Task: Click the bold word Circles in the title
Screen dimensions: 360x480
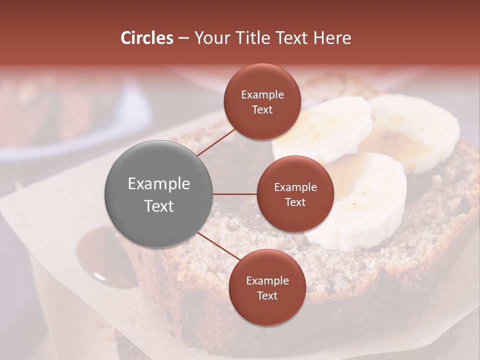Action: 146,38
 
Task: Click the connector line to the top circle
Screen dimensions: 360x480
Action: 216,142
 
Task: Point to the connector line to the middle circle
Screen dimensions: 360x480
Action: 235,194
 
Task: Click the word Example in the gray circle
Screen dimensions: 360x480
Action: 158,184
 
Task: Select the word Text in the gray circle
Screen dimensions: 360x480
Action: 158,206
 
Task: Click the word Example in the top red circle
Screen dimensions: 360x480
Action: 262,95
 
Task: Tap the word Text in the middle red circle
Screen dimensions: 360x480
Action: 295,202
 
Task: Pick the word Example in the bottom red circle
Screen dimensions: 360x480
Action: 267,281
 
